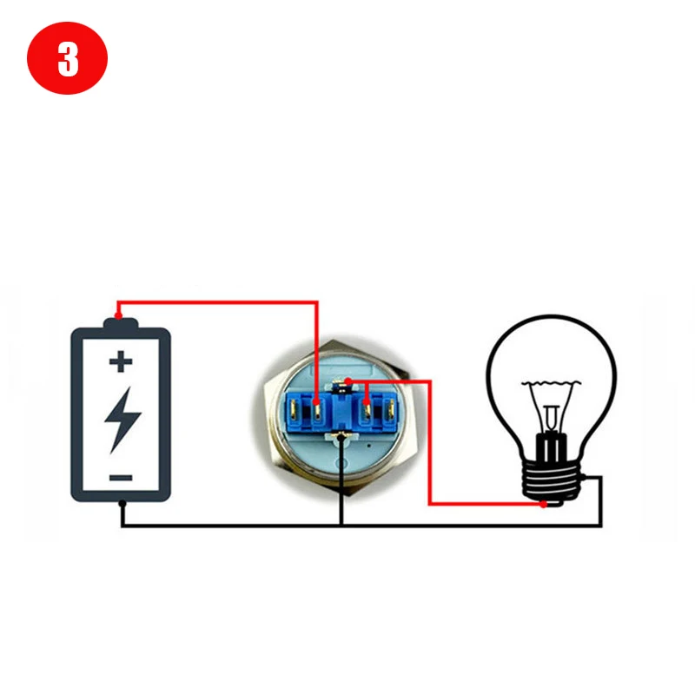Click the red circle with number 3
[x=67, y=60]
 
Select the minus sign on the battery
[x=121, y=477]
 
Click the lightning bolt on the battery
[x=122, y=418]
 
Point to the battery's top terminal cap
[x=121, y=325]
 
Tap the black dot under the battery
[x=122, y=504]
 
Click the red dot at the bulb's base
[x=543, y=504]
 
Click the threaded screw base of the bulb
[x=550, y=482]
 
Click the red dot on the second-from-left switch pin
[x=317, y=402]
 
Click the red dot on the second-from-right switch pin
[x=367, y=401]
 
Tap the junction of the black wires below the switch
[x=341, y=526]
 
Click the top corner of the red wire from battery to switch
[x=317, y=302]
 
